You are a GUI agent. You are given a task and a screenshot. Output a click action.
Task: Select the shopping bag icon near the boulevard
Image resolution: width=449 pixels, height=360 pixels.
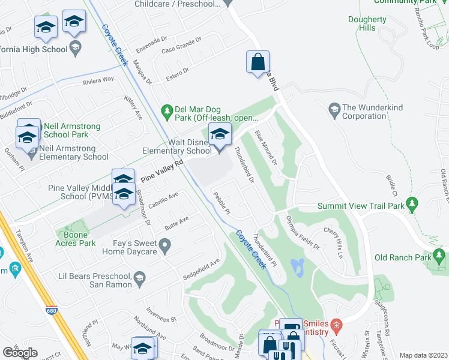[258, 62]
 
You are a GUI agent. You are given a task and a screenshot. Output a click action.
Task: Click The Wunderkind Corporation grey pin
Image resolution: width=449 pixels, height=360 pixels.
[334, 109]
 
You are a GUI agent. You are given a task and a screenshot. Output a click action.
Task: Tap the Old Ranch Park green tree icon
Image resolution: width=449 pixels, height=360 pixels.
[440, 257]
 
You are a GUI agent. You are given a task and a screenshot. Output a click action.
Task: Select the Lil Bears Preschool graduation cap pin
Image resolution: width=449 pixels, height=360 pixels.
[139, 277]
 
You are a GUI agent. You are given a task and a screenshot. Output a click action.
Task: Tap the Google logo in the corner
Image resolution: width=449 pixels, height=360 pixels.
[20, 352]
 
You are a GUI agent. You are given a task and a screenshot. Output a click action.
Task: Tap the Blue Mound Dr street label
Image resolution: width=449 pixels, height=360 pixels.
[265, 148]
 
